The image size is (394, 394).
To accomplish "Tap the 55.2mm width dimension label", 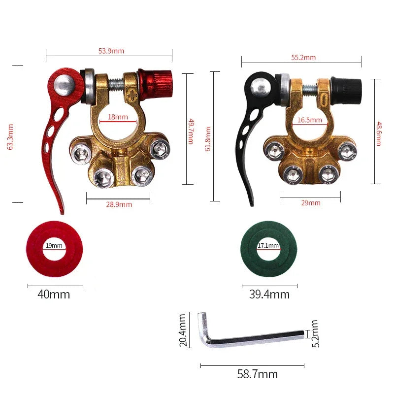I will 303,57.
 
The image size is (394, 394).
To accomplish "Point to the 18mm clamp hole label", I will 118,117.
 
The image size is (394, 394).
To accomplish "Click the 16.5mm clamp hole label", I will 309,120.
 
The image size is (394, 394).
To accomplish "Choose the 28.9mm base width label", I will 119,204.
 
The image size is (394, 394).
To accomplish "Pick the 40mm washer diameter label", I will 54,295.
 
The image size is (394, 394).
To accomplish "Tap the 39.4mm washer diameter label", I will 269,295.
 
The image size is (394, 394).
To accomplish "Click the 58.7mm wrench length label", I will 258,374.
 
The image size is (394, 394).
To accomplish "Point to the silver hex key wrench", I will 246,337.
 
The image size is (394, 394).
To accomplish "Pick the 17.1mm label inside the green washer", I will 268,246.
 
